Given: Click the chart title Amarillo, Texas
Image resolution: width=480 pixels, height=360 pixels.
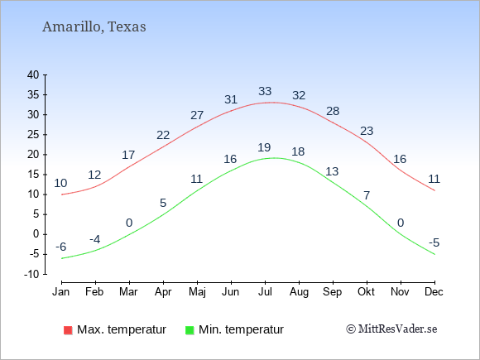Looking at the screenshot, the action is (94, 27).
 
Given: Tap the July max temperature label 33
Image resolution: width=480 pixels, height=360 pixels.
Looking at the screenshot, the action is (265, 91).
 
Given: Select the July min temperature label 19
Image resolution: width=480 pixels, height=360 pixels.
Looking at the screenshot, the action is (264, 147).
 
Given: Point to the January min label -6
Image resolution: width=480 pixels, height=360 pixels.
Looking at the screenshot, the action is (61, 247).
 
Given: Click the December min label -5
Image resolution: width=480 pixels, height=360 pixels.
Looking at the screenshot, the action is (434, 242).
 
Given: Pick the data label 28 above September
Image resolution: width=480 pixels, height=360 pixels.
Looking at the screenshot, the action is (333, 111).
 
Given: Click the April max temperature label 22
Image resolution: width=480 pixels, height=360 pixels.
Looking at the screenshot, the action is (163, 135).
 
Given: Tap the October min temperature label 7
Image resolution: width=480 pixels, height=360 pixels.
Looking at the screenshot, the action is (367, 195).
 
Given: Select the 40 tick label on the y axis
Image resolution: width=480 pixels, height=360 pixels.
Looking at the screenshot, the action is (33, 74).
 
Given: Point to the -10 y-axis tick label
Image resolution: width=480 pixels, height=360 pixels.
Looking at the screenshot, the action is (31, 274).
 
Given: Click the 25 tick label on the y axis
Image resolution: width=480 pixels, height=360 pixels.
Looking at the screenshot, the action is (33, 134).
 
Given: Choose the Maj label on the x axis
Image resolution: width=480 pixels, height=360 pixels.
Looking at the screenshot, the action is (197, 292).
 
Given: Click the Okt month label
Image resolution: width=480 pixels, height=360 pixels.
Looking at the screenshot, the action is (366, 292).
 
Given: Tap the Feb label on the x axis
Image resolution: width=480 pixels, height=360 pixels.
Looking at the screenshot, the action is (94, 292).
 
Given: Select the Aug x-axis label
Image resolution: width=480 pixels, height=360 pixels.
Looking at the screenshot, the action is (299, 292).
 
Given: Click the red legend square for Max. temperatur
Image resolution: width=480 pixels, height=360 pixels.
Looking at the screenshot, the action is (68, 330).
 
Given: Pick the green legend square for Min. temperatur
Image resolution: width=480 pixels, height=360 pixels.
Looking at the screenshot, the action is (190, 330).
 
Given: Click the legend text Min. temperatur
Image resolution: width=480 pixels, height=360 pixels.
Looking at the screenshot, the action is (241, 329).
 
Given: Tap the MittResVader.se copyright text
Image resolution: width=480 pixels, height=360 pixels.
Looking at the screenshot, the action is (391, 329).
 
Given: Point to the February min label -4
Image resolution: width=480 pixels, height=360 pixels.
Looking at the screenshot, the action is (95, 239).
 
